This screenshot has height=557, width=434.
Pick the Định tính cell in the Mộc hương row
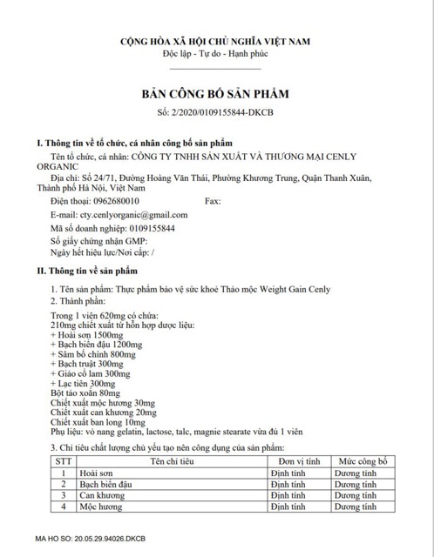coord(288,505)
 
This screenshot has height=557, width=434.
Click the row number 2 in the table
coord(63,483)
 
